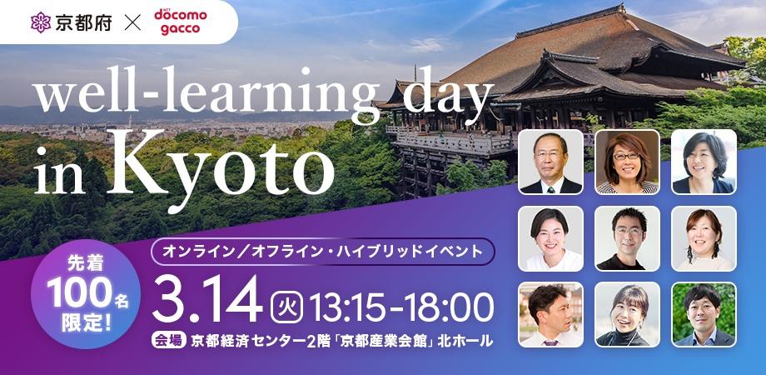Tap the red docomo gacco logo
coord(181,22)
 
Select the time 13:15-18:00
coord(400,307)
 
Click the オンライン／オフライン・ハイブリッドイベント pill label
coord(322,249)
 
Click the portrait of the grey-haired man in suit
coord(550,162)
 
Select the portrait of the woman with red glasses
coord(627,162)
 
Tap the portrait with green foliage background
coord(704,314)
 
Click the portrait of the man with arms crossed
coord(627,238)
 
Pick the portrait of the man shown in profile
coord(550,314)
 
